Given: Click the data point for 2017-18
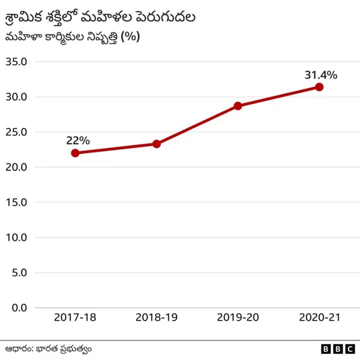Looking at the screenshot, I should pos(75,153).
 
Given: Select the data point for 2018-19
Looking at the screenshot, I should pos(156,144).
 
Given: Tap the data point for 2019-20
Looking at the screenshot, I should pos(238,106).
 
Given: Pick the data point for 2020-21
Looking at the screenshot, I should pos(319,87).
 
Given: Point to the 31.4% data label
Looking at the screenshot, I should pos(321,75).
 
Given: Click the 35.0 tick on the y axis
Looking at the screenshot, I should pos(16,62).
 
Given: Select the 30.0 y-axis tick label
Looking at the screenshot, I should pos(16,97).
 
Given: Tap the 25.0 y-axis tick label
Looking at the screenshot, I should pos(16,132).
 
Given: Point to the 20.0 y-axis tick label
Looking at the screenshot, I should pos(16,167).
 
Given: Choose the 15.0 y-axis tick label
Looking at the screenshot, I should pos(16,202).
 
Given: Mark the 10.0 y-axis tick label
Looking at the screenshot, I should pos(16,237).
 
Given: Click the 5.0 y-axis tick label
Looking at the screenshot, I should pos(19,273).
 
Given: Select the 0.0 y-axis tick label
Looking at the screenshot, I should pos(19,308).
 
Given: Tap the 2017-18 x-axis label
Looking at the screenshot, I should pos(75,318).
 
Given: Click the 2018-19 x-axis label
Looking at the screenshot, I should pos(156,318).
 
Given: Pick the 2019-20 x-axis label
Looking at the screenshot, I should pos(238,318).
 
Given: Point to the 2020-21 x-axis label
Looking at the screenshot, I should pos(319,318).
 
